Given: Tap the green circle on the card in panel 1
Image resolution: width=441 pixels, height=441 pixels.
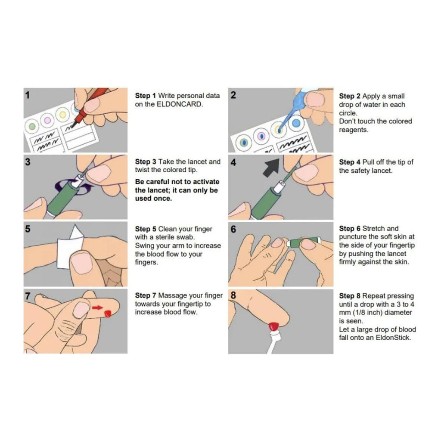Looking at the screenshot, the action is point(32,126).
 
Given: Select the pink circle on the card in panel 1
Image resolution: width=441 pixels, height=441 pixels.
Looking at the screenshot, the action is point(47,121).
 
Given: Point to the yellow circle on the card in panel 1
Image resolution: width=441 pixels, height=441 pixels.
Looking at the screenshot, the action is point(62,115).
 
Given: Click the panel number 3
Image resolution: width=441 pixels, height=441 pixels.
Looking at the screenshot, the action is point(28,162).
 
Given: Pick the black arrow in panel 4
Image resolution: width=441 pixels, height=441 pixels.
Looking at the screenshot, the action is point(271,168).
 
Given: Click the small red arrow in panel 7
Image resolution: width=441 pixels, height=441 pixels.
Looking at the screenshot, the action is point(97,307).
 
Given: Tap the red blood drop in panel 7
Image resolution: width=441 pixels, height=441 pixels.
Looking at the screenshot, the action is point(108,314).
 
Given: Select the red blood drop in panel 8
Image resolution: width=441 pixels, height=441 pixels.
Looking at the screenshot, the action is point(273,326).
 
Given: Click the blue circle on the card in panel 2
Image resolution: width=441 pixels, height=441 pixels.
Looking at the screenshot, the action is point(296,123).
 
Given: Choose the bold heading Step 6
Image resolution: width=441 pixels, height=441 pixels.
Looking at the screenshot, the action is point(350,229).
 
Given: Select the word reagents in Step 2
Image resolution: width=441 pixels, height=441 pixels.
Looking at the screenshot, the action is point(354,130).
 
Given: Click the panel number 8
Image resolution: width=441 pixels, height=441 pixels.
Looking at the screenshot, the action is point(233,295).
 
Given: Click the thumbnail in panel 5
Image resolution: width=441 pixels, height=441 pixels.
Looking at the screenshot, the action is point(81,263).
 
